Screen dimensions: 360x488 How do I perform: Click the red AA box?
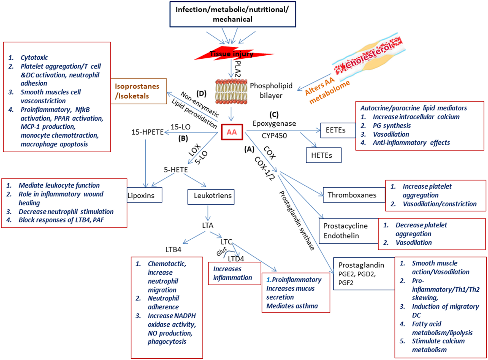coord(232,132)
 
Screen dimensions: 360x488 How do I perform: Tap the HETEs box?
coord(323,155)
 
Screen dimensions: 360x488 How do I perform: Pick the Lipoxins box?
coord(144,195)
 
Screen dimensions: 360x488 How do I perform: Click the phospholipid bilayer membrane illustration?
coord(231,91)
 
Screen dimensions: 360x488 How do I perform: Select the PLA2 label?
coord(238,69)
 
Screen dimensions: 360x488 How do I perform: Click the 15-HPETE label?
coord(148,132)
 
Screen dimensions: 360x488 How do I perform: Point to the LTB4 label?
coord(173,250)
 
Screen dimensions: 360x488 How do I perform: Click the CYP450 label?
coord(274,136)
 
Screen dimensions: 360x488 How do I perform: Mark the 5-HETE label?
coord(176,170)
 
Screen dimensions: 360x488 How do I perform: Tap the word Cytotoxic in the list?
coord(34,58)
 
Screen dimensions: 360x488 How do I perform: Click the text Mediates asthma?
coord(292,306)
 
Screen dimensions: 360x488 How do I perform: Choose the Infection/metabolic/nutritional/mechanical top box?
coord(233,14)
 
